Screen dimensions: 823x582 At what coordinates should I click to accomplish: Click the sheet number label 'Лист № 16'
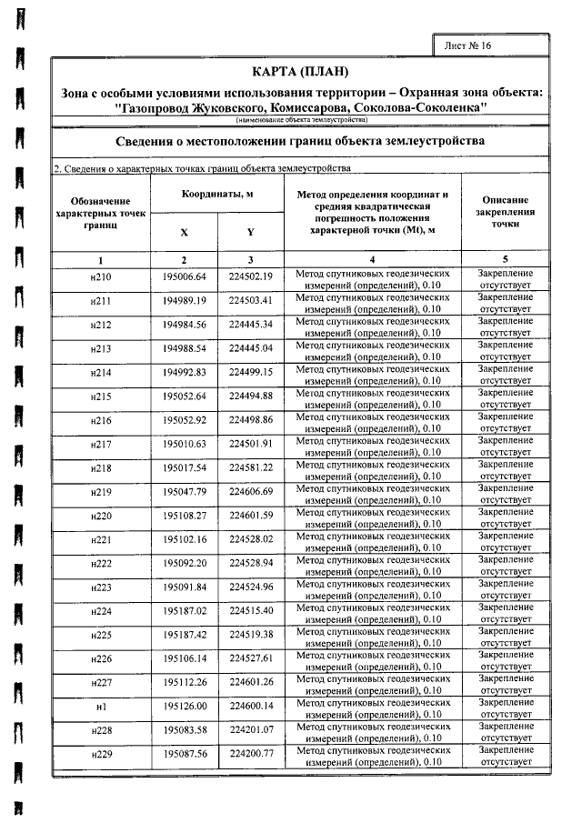coord(467,45)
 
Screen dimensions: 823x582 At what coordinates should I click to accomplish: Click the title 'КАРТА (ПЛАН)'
coord(299,72)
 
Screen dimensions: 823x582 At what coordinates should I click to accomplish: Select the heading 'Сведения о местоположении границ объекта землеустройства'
coord(300,142)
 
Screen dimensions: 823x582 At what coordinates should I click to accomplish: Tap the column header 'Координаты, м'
coord(217,196)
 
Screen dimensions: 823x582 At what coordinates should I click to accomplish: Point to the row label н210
coord(101,276)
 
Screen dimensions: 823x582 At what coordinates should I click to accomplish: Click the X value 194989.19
coord(185,300)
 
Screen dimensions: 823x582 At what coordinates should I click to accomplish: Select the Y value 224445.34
coord(251,324)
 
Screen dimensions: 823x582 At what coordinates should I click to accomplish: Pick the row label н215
coord(101,395)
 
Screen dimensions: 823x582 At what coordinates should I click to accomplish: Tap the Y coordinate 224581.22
coord(251,467)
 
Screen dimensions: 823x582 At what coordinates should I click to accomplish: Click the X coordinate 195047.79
coord(185,491)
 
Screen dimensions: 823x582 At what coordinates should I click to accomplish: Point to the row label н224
coord(101,609)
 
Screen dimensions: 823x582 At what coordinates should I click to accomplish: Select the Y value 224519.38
coord(251,634)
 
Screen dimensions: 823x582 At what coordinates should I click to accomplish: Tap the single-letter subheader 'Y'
coord(250,232)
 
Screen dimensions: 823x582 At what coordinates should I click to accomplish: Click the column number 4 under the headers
coord(372,260)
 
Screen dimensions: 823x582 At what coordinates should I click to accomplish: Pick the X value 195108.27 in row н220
coord(185,515)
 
